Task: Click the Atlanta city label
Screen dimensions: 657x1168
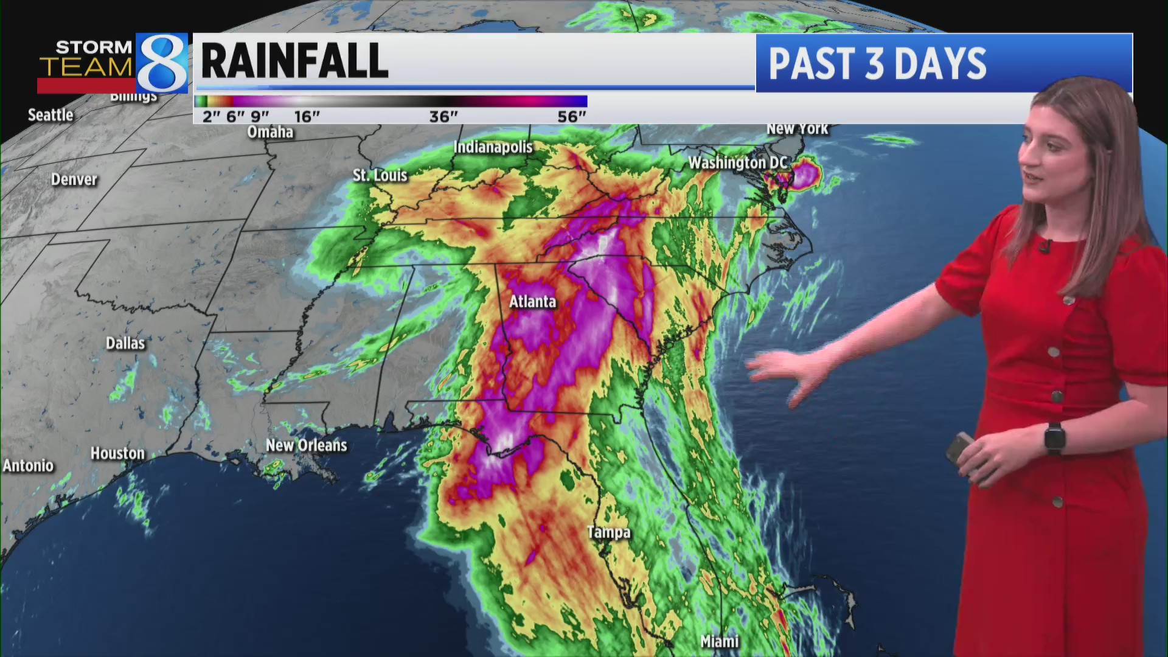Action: coord(532,302)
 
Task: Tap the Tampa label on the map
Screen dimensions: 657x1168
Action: coord(608,532)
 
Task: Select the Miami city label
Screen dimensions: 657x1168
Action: coord(719,641)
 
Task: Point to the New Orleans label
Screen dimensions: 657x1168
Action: coord(306,445)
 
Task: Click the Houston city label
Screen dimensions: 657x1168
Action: coord(117,453)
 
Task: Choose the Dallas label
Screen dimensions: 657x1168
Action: coord(125,343)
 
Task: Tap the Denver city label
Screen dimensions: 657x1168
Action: coord(74,179)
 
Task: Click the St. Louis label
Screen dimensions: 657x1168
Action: coord(380,175)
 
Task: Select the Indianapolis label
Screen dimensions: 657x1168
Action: coord(493,147)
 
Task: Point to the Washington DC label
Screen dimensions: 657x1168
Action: coord(737,162)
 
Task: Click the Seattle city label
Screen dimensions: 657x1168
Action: coord(50,115)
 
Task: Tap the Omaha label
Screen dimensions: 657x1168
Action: coord(270,132)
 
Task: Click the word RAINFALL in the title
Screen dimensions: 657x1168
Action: coord(294,61)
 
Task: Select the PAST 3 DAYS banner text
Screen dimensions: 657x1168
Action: coord(877,63)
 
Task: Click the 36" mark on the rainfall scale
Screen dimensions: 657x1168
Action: coord(443,116)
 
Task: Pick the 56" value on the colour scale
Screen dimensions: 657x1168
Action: coord(572,116)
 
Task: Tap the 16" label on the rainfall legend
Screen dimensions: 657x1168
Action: coord(307,116)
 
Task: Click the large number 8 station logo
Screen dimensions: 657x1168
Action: coord(162,63)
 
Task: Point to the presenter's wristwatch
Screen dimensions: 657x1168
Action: coord(1055,438)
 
